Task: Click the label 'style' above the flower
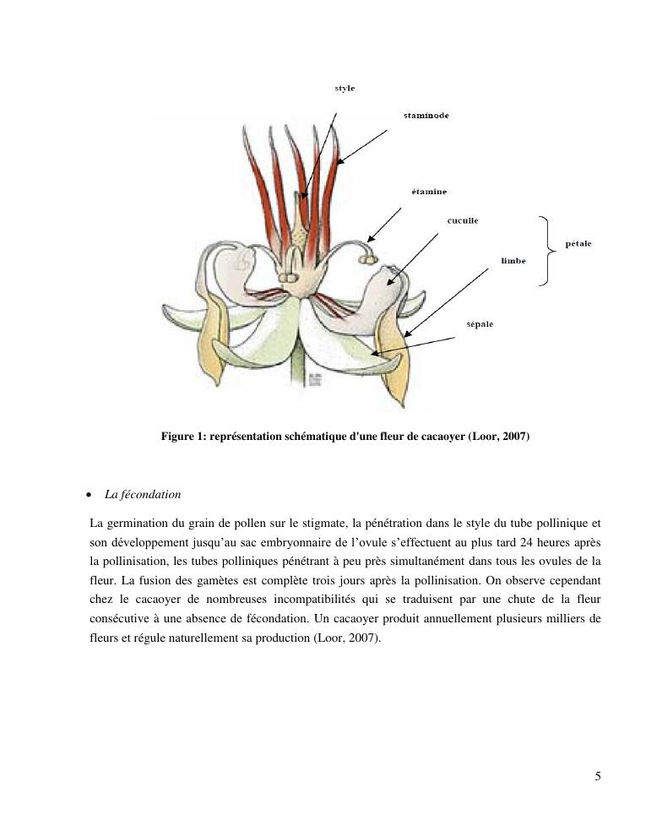click(345, 89)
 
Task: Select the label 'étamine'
click(429, 192)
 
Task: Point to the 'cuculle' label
click(463, 220)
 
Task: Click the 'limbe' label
click(513, 261)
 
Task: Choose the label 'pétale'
click(578, 244)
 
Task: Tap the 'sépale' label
click(480, 324)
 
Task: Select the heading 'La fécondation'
click(143, 494)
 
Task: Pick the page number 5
click(598, 777)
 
